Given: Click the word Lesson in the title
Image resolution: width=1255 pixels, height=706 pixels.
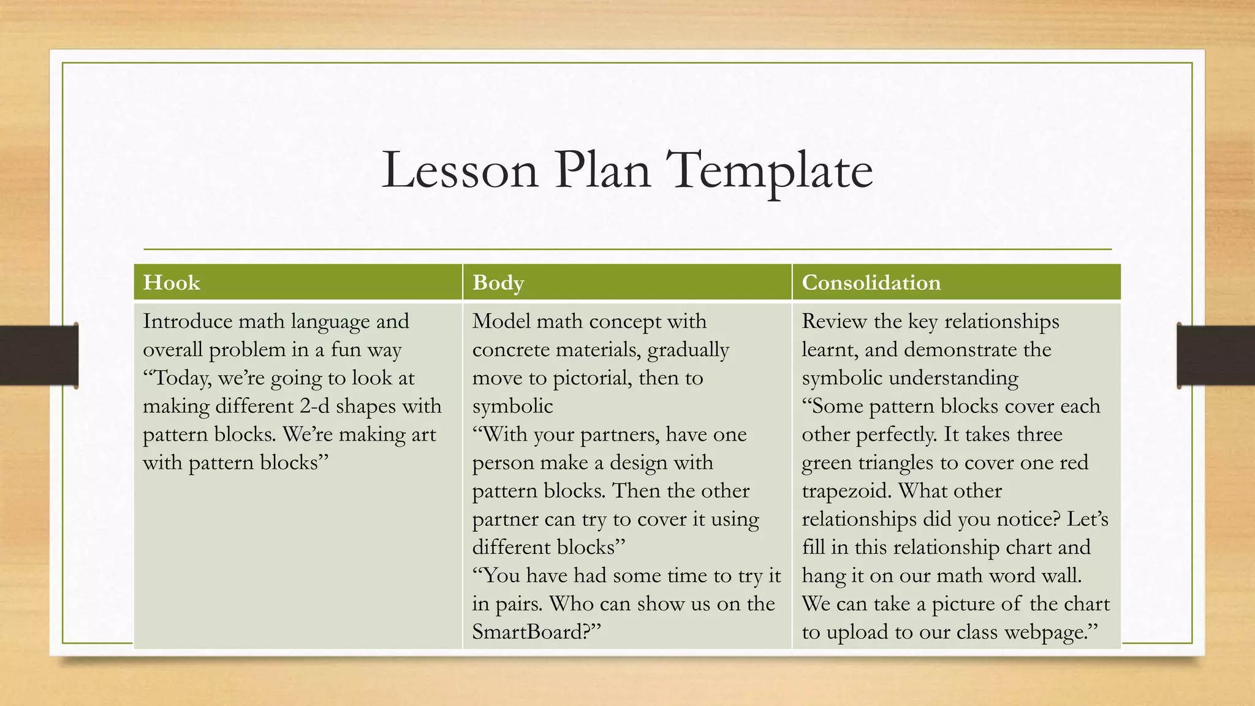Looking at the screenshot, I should tap(460, 170).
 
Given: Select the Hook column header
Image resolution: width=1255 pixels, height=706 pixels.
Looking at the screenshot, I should tap(172, 283).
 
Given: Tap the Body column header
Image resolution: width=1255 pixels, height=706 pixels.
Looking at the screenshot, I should tap(498, 283).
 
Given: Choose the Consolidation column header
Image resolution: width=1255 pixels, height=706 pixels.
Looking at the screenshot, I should tap(871, 283).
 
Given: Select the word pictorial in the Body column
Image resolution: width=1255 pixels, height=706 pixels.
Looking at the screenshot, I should tap(591, 378).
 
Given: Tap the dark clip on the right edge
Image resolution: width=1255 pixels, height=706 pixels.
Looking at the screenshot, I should tap(1216, 355).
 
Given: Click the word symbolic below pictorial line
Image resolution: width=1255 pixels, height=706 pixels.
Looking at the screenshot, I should tap(512, 406).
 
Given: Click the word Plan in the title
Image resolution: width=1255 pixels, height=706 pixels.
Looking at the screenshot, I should tap(602, 170).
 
